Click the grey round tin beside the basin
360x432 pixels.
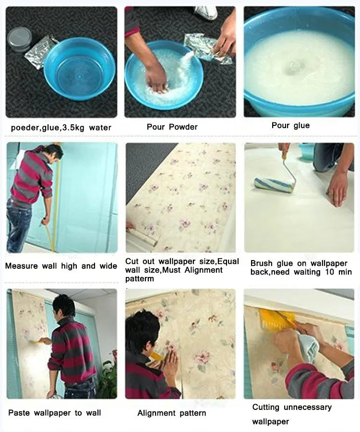(x=20, y=39)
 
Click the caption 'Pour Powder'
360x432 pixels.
(x=172, y=127)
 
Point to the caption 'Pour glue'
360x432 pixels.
(x=290, y=125)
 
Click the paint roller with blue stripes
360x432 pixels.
(x=273, y=184)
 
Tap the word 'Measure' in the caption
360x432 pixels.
(x=21, y=266)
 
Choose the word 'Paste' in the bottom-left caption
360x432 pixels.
(x=19, y=413)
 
